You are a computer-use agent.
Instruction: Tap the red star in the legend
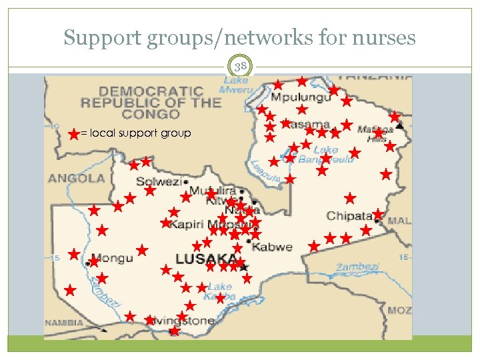[73, 134]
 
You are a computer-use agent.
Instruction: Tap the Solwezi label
[159, 181]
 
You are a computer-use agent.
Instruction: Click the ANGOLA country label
[77, 178]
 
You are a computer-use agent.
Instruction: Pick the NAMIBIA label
[64, 323]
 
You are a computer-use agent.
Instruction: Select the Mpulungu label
[300, 97]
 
